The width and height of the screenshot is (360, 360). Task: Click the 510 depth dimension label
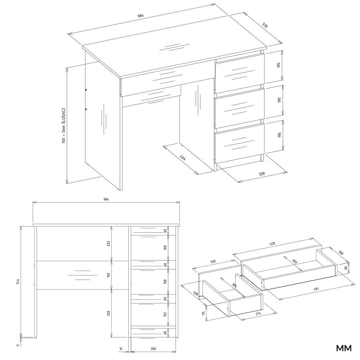pos(265,25)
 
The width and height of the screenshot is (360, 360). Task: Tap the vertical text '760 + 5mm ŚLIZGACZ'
pos(64,126)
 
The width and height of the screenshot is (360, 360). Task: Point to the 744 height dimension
pos(18,282)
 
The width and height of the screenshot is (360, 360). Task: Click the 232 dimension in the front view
pos(109,243)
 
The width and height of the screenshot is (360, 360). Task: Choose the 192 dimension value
pos(109,275)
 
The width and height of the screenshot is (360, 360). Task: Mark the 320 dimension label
pos(109,313)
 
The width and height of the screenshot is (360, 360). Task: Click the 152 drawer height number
pos(165,314)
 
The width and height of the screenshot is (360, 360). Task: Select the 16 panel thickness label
pos(121,349)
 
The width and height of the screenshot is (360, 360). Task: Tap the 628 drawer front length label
pos(272,243)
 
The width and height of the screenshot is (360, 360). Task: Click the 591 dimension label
pos(316,289)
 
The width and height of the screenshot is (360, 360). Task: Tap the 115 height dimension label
pos(203,313)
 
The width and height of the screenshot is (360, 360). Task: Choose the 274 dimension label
pos(258,313)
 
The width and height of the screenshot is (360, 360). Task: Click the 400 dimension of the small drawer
pos(195,293)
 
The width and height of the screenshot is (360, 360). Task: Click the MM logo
pos(344,348)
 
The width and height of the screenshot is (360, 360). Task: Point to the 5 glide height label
pos(18,345)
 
